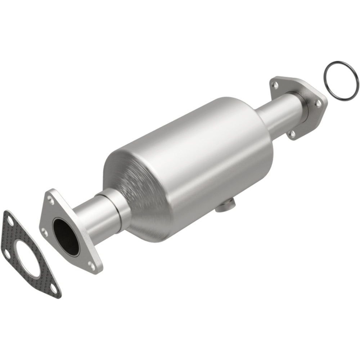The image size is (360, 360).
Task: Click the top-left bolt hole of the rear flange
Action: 276,85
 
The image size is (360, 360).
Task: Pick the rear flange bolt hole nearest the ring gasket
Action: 318,103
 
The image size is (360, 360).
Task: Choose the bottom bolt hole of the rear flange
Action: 292,134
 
